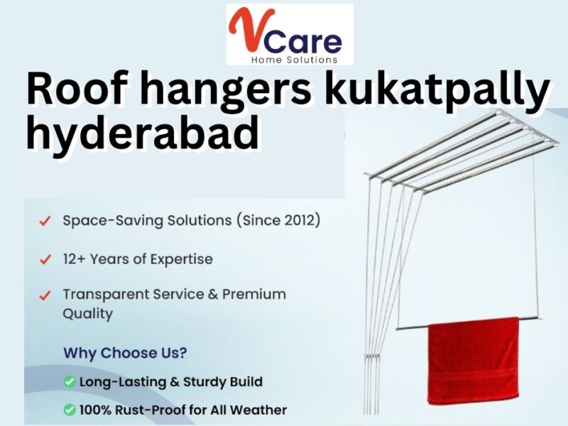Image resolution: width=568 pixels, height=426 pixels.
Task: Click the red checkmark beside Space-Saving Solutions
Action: tap(45, 222)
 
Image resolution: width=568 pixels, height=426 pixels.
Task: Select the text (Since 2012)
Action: tap(278, 220)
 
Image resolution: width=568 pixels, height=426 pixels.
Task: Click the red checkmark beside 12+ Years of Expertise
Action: tap(45, 260)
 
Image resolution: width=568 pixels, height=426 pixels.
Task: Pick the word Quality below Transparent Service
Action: tap(87, 313)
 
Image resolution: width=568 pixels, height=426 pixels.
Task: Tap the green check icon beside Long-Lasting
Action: tap(70, 382)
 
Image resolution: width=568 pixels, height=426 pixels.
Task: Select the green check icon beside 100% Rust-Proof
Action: tap(70, 410)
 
